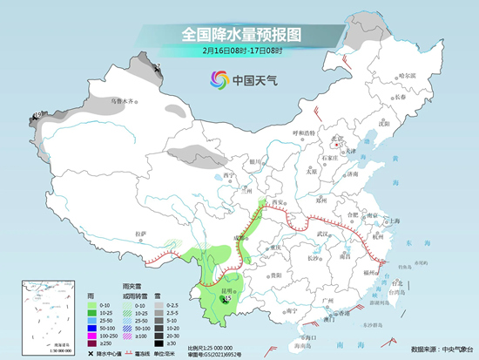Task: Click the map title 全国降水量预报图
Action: (240, 34)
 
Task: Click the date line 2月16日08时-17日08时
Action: (240, 51)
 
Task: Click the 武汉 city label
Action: (327, 233)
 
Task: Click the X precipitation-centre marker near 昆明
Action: (226, 300)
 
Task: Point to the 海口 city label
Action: (307, 336)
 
